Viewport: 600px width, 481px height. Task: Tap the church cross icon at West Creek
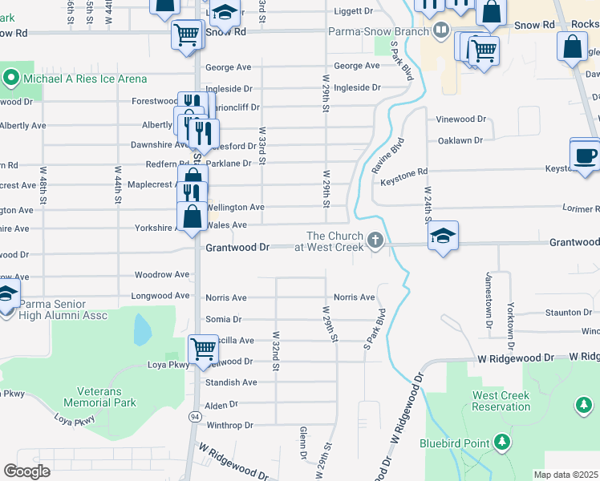point(375,240)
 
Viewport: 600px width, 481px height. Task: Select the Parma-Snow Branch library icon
point(440,31)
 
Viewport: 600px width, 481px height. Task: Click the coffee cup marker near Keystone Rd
point(585,154)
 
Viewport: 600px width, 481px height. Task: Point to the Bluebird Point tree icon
point(501,442)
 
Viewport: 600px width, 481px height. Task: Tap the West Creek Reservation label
point(501,401)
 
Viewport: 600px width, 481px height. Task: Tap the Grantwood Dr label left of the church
point(237,248)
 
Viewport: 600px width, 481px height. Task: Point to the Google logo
point(26,471)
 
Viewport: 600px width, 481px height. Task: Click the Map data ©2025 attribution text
point(566,475)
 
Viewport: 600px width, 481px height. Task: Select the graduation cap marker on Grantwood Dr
point(443,236)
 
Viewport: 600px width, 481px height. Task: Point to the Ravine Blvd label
point(396,156)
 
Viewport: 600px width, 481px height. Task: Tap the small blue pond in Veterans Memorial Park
point(142,329)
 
